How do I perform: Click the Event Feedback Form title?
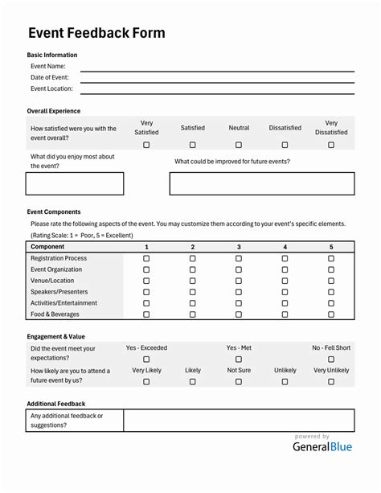click(x=96, y=33)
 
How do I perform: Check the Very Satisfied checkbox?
click(x=146, y=145)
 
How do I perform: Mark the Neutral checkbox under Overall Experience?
click(x=239, y=145)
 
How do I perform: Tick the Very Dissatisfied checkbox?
click(x=331, y=145)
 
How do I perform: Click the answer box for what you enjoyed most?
click(x=75, y=183)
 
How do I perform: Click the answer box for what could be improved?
click(x=261, y=183)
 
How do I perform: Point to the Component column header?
click(x=47, y=247)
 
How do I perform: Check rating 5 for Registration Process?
click(x=331, y=259)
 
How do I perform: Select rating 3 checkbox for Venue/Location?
click(x=239, y=281)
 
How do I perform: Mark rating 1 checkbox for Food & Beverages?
click(x=146, y=315)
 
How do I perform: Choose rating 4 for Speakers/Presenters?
click(x=285, y=293)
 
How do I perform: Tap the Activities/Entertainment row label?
click(x=63, y=303)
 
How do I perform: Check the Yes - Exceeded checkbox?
click(x=146, y=359)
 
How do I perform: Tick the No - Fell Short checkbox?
click(x=331, y=359)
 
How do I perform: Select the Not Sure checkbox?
click(x=239, y=382)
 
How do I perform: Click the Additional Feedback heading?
click(x=56, y=404)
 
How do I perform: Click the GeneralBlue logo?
click(x=322, y=447)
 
